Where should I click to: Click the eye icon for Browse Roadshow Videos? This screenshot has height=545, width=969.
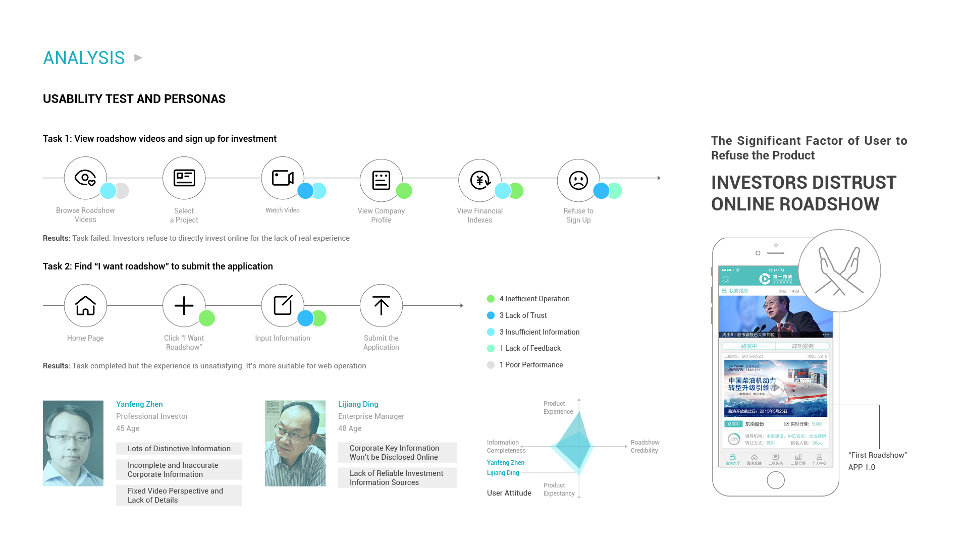click(85, 178)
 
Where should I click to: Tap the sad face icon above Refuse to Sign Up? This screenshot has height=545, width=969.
click(578, 180)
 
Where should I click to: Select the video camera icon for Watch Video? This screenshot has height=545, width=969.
click(283, 178)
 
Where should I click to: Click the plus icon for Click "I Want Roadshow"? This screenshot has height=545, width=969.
click(184, 306)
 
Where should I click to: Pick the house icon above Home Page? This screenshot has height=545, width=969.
click(85, 306)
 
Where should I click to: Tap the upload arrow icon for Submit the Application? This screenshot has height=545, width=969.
click(381, 306)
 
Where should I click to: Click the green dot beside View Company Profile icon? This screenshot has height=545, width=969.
click(404, 191)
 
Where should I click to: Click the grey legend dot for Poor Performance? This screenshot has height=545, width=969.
click(491, 365)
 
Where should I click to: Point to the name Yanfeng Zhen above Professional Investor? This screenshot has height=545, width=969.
click(139, 404)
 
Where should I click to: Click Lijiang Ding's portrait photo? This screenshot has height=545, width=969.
click(295, 444)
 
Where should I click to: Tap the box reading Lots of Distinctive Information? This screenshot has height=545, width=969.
click(179, 449)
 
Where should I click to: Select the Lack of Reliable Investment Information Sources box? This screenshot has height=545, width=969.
click(397, 478)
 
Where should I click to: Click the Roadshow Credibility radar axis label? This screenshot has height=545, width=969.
click(644, 447)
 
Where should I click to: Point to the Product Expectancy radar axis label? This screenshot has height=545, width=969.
click(559, 489)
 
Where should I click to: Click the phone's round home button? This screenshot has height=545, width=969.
click(775, 480)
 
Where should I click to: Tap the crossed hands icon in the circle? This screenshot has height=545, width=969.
click(839, 271)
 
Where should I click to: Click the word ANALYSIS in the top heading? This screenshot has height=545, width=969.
click(84, 58)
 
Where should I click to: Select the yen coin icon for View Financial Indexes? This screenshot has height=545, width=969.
click(480, 180)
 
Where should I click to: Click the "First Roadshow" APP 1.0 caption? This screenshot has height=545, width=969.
click(877, 461)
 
